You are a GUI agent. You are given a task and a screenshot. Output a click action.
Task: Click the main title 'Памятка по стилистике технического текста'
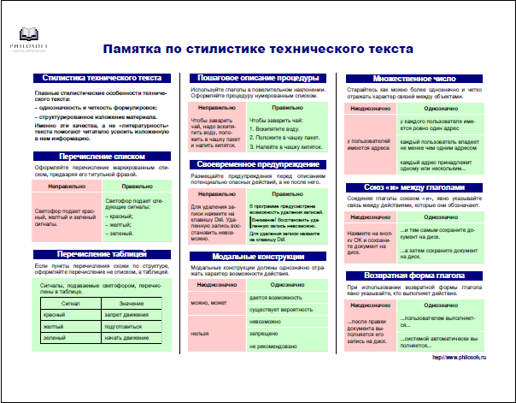(x=257, y=50)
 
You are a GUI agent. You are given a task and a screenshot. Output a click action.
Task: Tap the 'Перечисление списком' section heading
(x=95, y=157)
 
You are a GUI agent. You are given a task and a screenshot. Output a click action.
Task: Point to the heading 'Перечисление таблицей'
(x=95, y=253)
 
